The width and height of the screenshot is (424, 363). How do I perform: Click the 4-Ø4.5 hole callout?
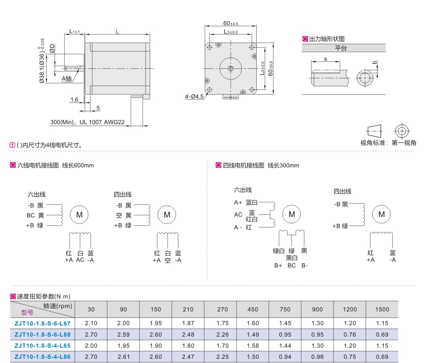(x=194, y=97)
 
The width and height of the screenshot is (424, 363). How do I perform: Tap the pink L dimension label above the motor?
(x=117, y=32)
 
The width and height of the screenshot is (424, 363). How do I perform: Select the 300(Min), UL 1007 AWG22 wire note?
(x=87, y=122)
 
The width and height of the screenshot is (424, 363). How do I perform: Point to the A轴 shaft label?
(x=66, y=78)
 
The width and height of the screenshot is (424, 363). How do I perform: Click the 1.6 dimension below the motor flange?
(x=74, y=100)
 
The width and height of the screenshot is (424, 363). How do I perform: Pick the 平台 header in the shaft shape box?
(x=341, y=48)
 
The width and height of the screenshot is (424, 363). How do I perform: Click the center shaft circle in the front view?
(x=231, y=68)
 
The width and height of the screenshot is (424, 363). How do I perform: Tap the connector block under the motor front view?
(x=231, y=97)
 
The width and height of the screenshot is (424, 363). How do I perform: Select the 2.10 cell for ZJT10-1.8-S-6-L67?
(x=91, y=323)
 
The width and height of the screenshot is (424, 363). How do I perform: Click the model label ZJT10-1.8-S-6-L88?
(x=42, y=335)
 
